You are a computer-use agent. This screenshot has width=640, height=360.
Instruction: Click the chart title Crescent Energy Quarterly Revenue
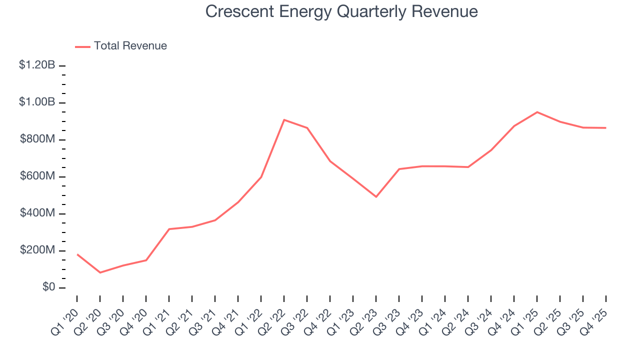(x=341, y=11)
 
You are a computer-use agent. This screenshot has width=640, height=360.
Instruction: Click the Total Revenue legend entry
(x=121, y=46)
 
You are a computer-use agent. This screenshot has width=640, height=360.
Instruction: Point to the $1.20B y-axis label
(x=37, y=65)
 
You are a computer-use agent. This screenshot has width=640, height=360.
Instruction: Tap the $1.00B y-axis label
(x=37, y=102)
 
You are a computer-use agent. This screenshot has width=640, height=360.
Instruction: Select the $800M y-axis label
(x=37, y=139)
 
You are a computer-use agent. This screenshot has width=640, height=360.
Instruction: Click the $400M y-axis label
(x=37, y=213)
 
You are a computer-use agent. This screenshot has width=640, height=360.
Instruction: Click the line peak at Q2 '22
(x=284, y=120)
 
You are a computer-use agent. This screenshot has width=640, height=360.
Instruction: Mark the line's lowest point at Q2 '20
(x=100, y=272)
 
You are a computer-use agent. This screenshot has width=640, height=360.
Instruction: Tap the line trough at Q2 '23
(x=376, y=196)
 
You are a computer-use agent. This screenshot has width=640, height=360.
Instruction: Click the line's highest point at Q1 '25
(x=537, y=112)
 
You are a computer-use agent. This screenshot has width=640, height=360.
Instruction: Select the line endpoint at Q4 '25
(x=606, y=128)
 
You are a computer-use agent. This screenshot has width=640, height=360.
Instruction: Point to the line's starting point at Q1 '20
(x=77, y=254)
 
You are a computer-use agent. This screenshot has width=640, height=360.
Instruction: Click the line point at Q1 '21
(x=169, y=229)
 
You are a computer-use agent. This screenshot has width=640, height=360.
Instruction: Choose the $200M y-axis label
(x=37, y=250)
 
